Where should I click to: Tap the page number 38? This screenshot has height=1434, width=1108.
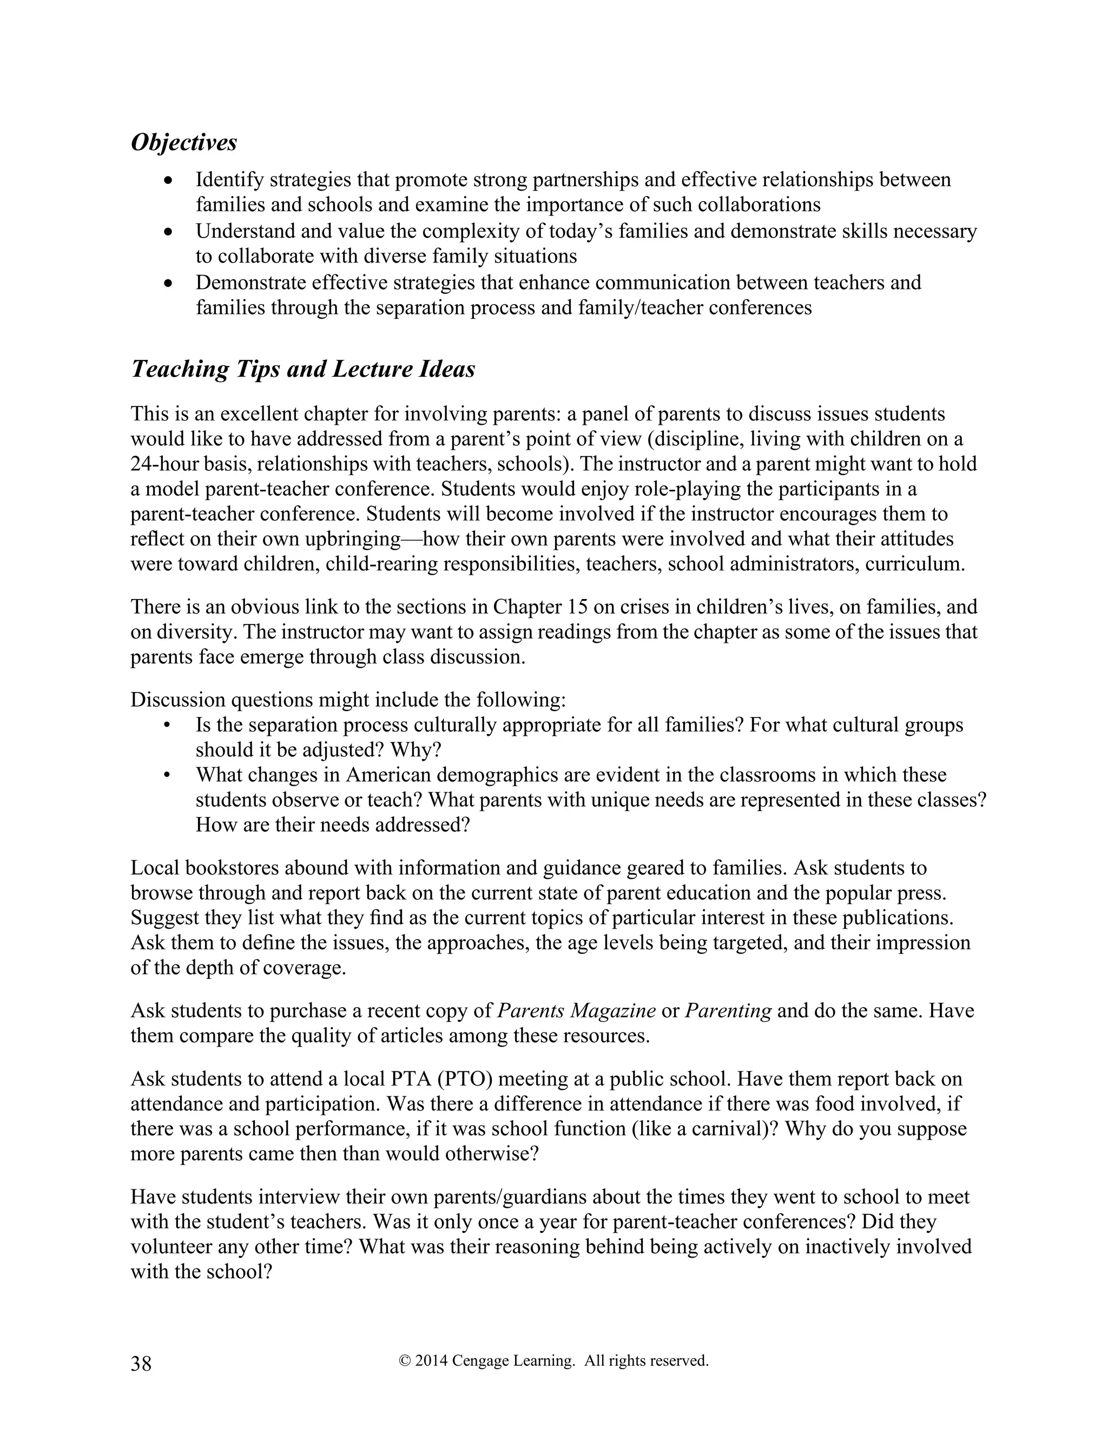(x=141, y=1364)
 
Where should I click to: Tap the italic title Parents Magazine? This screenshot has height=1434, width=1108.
(x=576, y=1010)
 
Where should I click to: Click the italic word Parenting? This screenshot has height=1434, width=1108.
(x=728, y=1010)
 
